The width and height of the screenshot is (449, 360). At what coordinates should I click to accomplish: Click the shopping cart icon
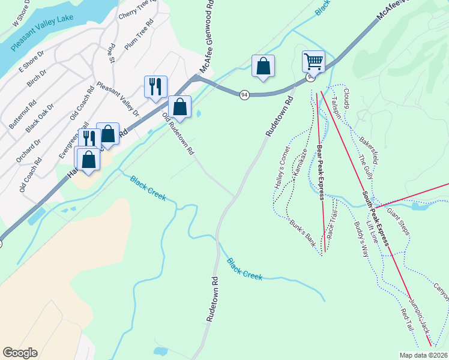[313, 61]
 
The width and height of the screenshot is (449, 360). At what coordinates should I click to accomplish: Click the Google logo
[20, 353]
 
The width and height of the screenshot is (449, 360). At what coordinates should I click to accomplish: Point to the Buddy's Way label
[360, 239]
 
